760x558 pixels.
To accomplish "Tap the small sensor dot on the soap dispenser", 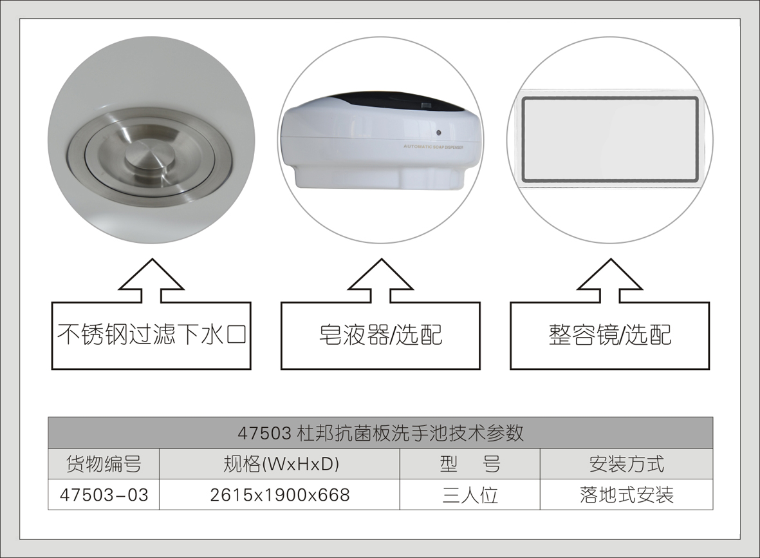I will pyautogui.click(x=438, y=133).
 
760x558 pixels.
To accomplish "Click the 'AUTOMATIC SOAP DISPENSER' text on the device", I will pyautogui.click(x=433, y=147).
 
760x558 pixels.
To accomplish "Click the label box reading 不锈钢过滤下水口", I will pyautogui.click(x=151, y=335).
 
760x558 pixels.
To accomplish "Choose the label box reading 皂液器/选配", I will pyautogui.click(x=380, y=335).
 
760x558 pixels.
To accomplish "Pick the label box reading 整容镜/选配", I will pyautogui.click(x=609, y=335).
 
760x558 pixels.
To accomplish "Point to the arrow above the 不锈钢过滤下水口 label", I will pyautogui.click(x=152, y=280).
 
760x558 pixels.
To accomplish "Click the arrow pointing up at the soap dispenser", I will pyautogui.click(x=380, y=280).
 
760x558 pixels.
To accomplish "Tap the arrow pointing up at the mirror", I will pyautogui.click(x=609, y=280).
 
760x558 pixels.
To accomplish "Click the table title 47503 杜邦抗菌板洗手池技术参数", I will pyautogui.click(x=380, y=432).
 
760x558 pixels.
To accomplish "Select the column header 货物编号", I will pyautogui.click(x=104, y=464).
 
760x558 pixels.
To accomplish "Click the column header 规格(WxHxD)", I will pyautogui.click(x=280, y=464).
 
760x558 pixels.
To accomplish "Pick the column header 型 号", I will pyautogui.click(x=470, y=464).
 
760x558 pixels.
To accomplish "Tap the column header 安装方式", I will pyautogui.click(x=626, y=464).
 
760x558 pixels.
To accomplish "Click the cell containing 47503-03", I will pyautogui.click(x=104, y=495).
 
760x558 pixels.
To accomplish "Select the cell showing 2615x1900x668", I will pyautogui.click(x=280, y=495).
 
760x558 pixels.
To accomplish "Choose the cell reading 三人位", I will pyautogui.click(x=470, y=495).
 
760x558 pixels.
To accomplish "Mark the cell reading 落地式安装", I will pyautogui.click(x=626, y=495).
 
